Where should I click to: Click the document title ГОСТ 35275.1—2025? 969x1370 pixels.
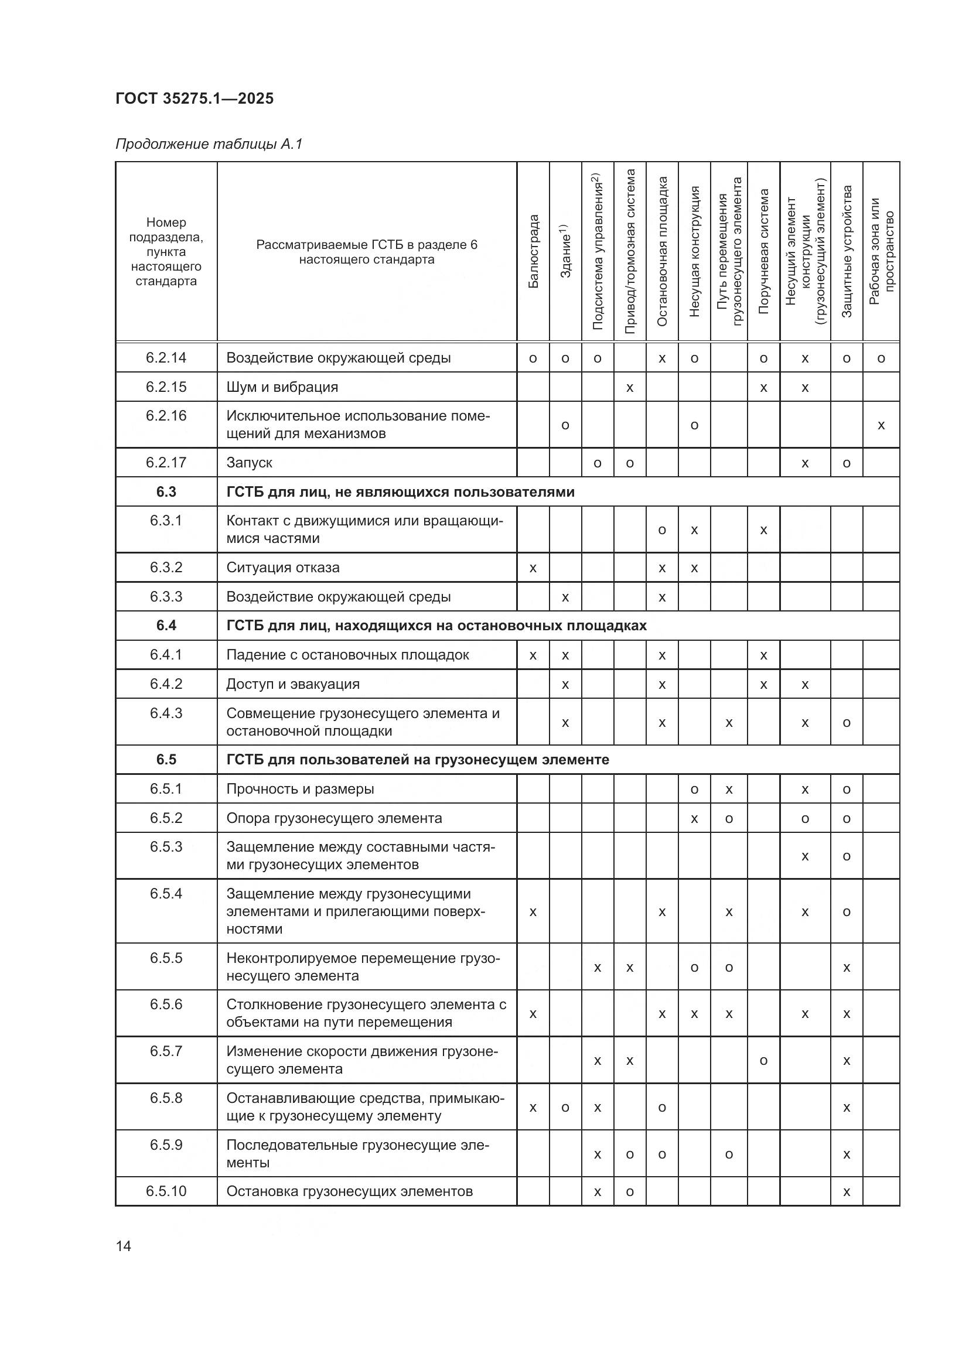click(195, 98)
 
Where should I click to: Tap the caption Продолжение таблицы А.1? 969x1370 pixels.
click(209, 144)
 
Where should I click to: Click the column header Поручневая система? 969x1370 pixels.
click(763, 251)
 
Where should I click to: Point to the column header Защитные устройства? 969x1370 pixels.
click(846, 251)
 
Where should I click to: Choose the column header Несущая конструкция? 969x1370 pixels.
click(694, 251)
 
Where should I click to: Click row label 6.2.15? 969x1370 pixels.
click(166, 387)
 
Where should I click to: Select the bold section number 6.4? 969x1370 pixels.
click(166, 626)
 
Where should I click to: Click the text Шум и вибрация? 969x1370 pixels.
click(282, 387)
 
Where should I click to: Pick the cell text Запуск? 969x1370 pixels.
click(249, 463)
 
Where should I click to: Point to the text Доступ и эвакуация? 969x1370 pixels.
click(292, 684)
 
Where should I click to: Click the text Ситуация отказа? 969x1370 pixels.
click(283, 568)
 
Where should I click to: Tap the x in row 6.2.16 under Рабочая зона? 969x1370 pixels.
click(881, 425)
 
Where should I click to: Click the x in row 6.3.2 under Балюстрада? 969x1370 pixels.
click(533, 568)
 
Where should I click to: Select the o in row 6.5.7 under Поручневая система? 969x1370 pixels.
click(763, 1061)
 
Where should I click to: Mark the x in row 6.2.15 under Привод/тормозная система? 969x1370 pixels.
click(629, 388)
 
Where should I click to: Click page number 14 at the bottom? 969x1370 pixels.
click(124, 1246)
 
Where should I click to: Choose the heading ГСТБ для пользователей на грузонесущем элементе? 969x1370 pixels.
click(418, 760)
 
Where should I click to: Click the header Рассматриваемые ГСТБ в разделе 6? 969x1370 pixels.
click(366, 245)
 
